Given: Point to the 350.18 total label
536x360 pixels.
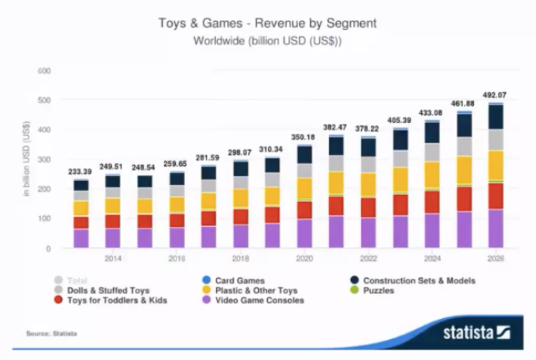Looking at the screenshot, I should pyautogui.click(x=303, y=136).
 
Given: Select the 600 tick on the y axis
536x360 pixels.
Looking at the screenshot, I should pyautogui.click(x=44, y=71).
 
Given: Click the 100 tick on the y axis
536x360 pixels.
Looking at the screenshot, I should pyautogui.click(x=44, y=219).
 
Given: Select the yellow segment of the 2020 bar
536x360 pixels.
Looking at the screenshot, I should pyautogui.click(x=304, y=189).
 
